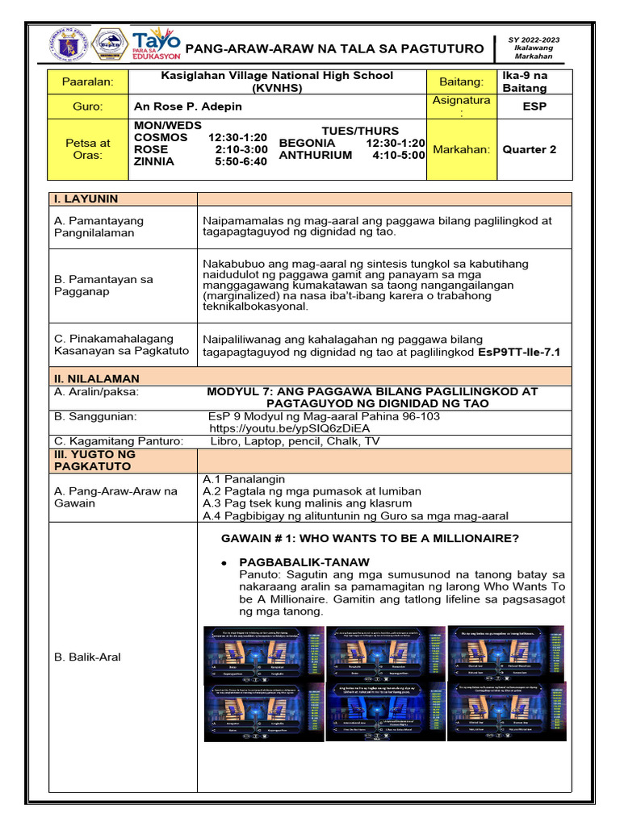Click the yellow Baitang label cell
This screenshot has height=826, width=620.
click(462, 81)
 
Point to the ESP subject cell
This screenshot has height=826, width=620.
click(534, 106)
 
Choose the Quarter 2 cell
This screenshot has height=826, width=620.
click(530, 149)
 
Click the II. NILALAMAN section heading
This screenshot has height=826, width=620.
click(96, 378)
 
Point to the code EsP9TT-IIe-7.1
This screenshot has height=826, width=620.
click(519, 353)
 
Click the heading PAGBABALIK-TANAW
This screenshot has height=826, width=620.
click(304, 561)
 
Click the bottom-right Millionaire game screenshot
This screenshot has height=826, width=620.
click(507, 711)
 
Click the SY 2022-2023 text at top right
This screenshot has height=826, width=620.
click(534, 40)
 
